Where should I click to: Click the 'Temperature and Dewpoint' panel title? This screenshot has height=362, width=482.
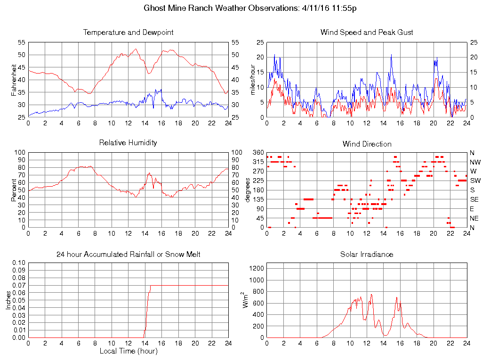tap(128, 33)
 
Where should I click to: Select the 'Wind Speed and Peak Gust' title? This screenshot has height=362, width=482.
tap(367, 33)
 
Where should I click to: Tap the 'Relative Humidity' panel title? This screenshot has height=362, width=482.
tap(128, 142)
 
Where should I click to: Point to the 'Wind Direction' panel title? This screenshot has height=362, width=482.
tap(367, 144)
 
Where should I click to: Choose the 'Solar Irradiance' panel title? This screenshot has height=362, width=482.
tap(367, 254)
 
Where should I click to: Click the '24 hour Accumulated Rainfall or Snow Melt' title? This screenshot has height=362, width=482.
tap(128, 254)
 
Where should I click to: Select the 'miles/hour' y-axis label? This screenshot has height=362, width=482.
tap(253, 80)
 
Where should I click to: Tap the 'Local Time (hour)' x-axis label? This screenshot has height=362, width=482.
tap(128, 351)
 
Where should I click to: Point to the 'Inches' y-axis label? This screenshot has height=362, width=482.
tap(8, 300)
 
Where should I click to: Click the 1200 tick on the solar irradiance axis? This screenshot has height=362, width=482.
tap(258, 268)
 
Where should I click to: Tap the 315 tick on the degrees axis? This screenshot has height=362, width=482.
tap(258, 162)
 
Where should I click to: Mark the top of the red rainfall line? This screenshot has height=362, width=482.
tap(150, 286)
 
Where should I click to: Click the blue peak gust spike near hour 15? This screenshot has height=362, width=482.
tap(391, 55)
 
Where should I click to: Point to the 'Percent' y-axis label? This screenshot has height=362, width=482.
tap(14, 190)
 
